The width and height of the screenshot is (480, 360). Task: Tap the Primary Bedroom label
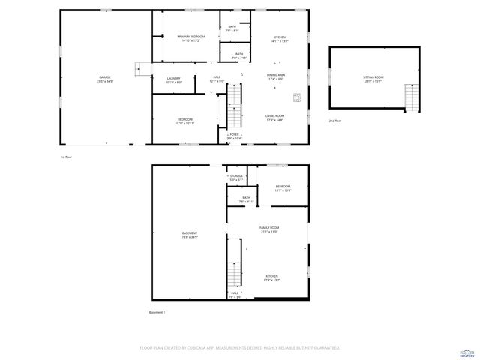191,38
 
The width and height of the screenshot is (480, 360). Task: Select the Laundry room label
173,79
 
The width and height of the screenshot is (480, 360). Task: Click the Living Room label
275,117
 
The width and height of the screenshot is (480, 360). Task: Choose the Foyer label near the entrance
235,136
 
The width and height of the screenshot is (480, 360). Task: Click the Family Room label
269,229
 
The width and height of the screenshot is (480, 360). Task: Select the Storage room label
236,178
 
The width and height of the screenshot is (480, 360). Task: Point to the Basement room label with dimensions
189,235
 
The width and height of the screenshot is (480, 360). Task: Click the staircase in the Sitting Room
409,95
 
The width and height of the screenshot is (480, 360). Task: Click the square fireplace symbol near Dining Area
296,97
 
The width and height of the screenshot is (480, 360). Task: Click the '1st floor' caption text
67,157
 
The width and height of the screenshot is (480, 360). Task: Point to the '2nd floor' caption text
334,121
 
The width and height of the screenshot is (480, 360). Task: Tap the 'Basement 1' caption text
157,312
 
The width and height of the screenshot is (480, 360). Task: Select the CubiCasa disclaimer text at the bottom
240,347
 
